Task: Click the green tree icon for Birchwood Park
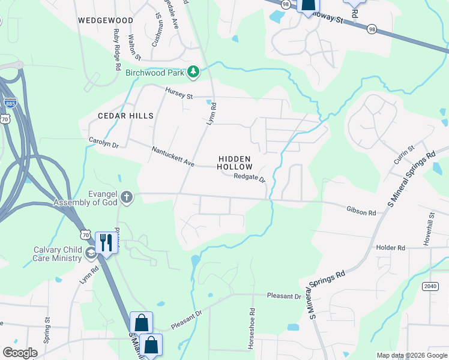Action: point(193,73)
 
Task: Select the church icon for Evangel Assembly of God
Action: point(127,196)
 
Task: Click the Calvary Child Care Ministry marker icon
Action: point(91,252)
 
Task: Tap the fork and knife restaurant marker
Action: point(106,243)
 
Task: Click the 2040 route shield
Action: point(430,286)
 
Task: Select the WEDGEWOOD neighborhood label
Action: point(105,20)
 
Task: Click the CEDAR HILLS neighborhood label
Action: point(126,115)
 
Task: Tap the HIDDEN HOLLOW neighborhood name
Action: point(234,161)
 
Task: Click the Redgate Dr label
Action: point(249,177)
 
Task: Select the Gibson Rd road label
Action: point(361,211)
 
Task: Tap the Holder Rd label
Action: point(391,247)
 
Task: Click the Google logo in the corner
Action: point(20,353)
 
